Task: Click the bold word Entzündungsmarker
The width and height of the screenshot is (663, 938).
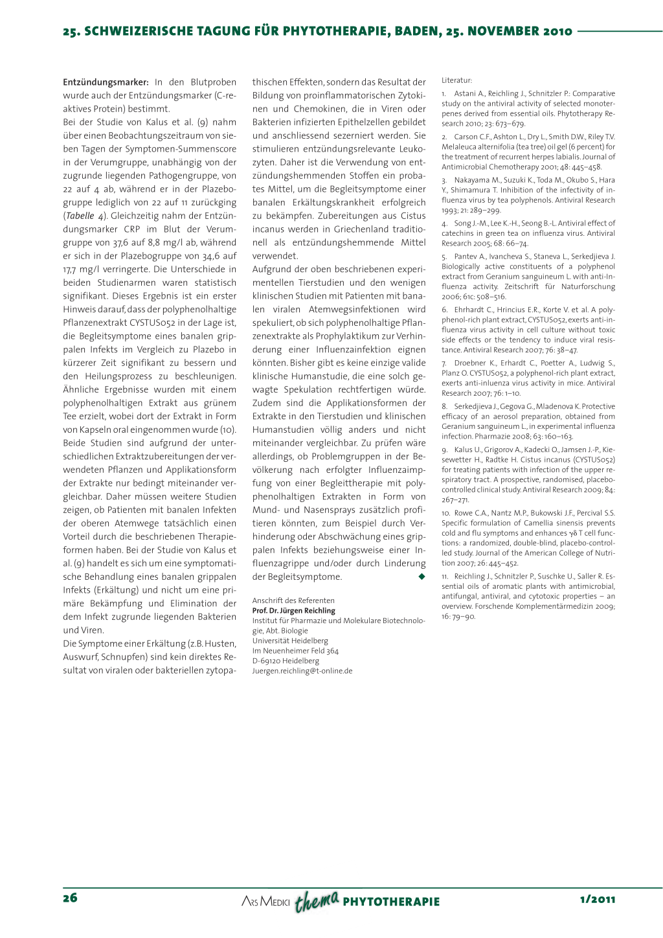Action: pyautogui.click(x=106, y=82)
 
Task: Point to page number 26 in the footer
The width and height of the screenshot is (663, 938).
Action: pyautogui.click(x=70, y=898)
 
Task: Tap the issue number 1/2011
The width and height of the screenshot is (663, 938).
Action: pyautogui.click(x=598, y=899)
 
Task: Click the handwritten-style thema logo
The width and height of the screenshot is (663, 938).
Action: pyautogui.click(x=317, y=900)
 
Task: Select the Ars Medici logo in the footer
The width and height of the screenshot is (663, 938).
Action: pyautogui.click(x=265, y=901)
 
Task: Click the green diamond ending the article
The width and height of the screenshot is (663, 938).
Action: pyautogui.click(x=421, y=577)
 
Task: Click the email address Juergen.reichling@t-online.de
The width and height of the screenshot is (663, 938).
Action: pyautogui.click(x=302, y=671)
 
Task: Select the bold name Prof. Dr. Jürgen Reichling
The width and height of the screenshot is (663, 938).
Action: pyautogui.click(x=294, y=611)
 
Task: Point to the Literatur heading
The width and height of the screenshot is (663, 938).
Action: pyautogui.click(x=457, y=80)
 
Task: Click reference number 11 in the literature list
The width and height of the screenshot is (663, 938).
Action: pyautogui.click(x=445, y=577)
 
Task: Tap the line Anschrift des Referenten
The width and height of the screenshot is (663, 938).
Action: pyautogui.click(x=293, y=601)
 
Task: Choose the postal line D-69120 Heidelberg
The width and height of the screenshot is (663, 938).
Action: pyautogui.click(x=286, y=661)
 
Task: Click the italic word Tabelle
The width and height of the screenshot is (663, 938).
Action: pyautogui.click(x=80, y=216)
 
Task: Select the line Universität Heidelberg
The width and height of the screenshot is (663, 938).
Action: pyautogui.click(x=290, y=641)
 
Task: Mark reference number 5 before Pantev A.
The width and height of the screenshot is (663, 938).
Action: pyautogui.click(x=444, y=257)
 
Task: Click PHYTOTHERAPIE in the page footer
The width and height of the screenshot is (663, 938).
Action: pyautogui.click(x=391, y=902)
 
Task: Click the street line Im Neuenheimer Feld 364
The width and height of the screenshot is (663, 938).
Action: pyautogui.click(x=295, y=651)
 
